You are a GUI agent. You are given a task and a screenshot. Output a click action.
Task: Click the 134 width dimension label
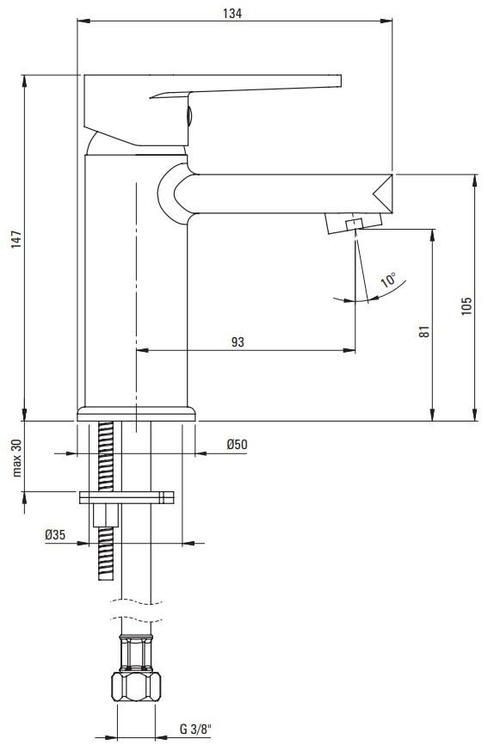point(232,13)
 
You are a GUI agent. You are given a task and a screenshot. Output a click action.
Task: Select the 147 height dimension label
point(15,239)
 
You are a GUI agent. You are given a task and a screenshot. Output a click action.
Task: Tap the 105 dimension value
point(466,306)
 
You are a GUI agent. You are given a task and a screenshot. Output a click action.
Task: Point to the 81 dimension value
point(425,331)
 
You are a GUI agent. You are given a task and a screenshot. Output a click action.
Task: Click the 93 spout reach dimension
point(238,342)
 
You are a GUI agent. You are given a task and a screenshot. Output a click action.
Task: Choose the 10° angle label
point(389,280)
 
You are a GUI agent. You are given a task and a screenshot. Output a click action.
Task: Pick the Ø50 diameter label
point(237,445)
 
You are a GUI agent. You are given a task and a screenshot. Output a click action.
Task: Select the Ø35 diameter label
point(55,534)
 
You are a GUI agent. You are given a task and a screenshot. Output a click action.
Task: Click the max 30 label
point(17,458)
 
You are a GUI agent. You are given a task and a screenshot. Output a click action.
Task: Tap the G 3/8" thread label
point(195,729)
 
